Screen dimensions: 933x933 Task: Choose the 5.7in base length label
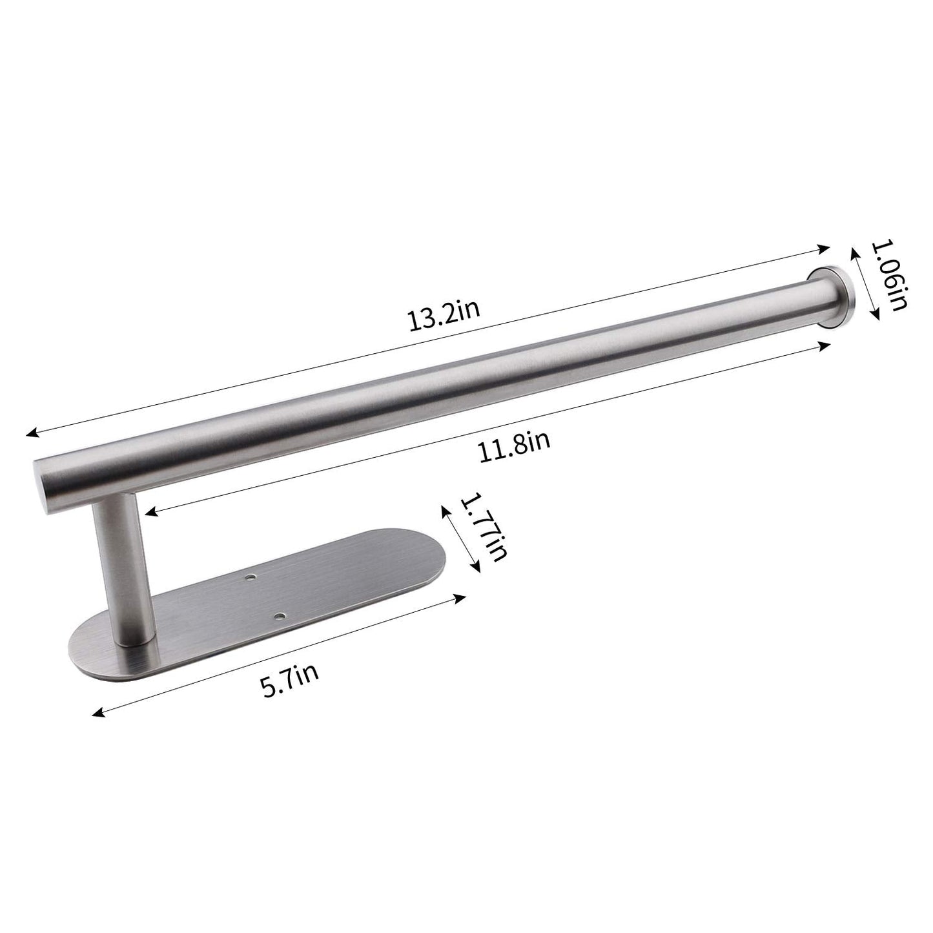pos(290,678)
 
